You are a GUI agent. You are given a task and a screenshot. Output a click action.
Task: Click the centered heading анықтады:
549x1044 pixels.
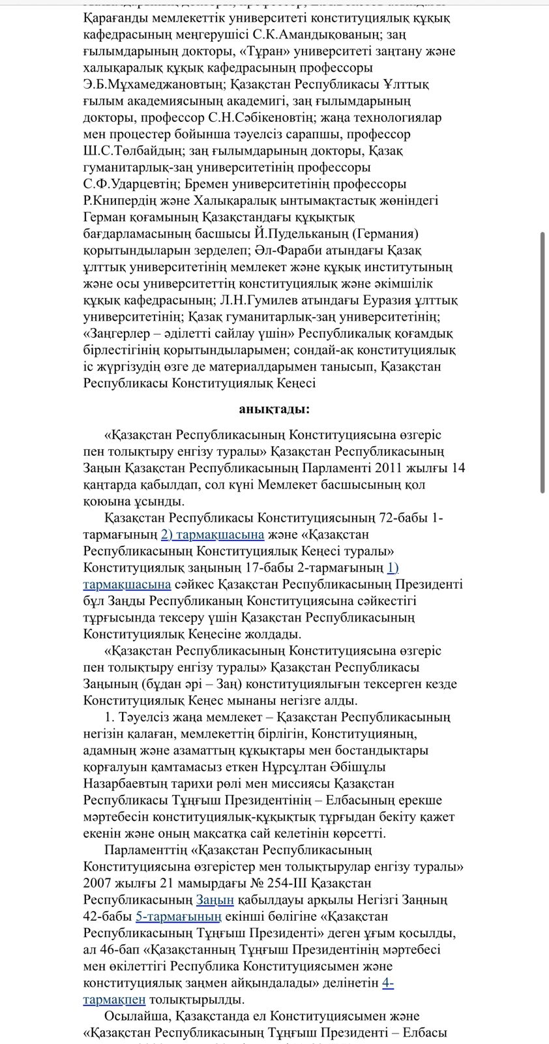(274, 409)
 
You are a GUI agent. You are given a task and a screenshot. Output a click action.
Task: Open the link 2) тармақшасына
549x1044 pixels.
(213, 535)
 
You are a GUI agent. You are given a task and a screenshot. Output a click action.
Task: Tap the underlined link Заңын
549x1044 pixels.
(215, 900)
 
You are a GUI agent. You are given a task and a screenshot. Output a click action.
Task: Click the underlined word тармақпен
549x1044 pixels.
(114, 999)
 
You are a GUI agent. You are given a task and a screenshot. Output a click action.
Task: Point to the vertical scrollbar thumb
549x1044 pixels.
(542, 362)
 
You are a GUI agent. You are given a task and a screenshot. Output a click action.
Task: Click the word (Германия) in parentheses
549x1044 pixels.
(387, 233)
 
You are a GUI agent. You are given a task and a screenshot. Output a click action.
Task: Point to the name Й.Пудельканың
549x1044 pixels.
(310, 233)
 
